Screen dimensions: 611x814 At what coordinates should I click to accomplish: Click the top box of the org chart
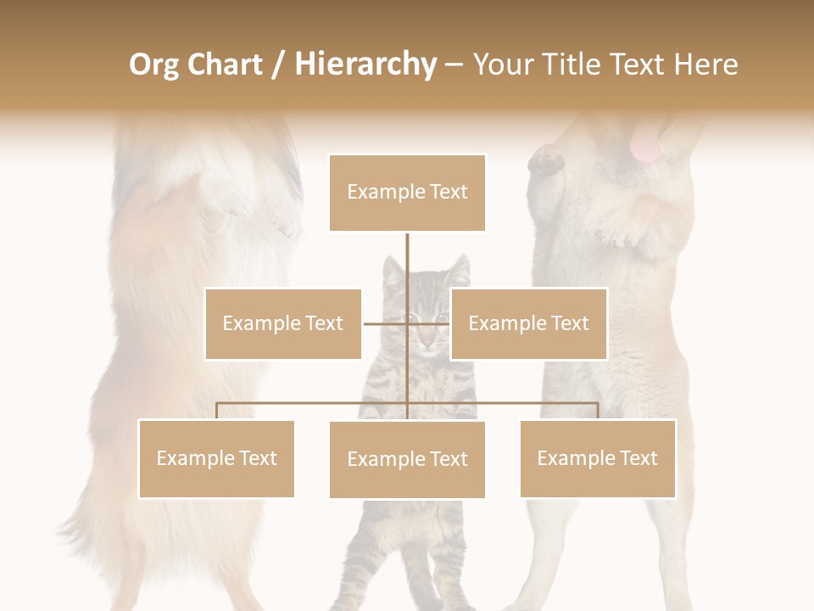tap(407, 193)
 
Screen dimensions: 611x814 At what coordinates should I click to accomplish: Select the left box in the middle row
tap(282, 323)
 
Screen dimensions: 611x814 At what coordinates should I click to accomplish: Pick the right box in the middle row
tap(528, 323)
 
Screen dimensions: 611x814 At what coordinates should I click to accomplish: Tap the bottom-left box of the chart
tap(216, 458)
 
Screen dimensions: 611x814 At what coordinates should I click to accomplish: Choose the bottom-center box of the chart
tap(407, 459)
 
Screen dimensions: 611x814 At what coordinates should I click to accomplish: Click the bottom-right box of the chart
tap(597, 458)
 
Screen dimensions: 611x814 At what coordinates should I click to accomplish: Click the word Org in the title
tap(153, 64)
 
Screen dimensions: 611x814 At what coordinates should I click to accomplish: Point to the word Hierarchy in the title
tap(365, 64)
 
